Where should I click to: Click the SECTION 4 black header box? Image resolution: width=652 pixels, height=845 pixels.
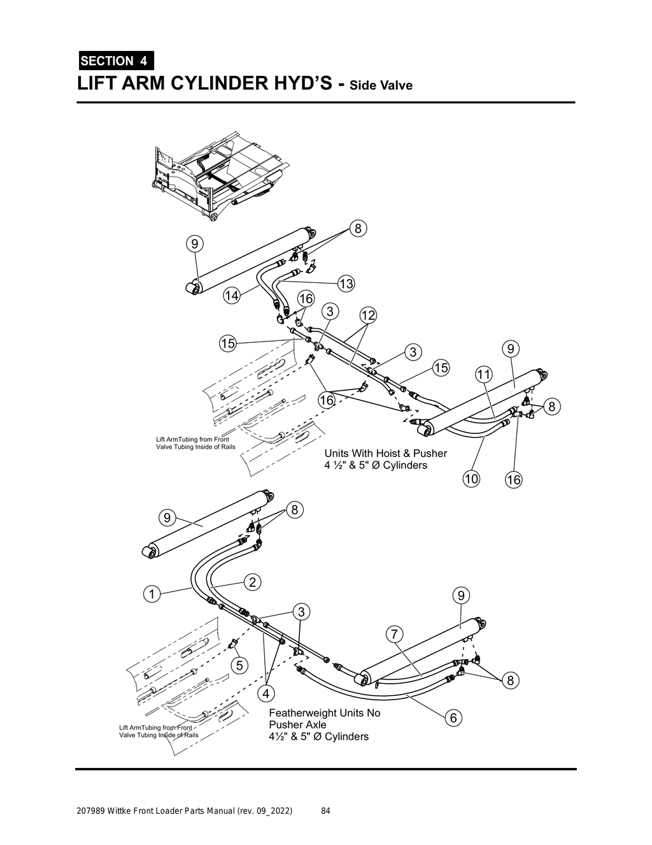pyautogui.click(x=115, y=61)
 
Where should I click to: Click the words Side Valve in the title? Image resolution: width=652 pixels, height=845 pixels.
pyautogui.click(x=381, y=85)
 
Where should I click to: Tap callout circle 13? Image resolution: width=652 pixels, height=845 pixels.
pyautogui.click(x=346, y=284)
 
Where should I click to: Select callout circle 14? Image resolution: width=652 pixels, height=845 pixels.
pyautogui.click(x=232, y=296)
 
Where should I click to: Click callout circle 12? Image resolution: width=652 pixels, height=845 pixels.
pyautogui.click(x=368, y=315)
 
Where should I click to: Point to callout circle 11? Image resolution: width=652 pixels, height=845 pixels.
pyautogui.click(x=484, y=374)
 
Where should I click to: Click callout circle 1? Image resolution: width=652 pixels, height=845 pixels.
pyautogui.click(x=151, y=594)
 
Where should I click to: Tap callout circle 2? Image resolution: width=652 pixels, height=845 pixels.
pyautogui.click(x=252, y=582)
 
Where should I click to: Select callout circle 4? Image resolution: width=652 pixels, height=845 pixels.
pyautogui.click(x=266, y=692)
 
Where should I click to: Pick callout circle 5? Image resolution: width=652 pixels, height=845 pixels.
pyautogui.click(x=239, y=665)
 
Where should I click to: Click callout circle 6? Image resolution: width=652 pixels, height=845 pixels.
pyautogui.click(x=453, y=718)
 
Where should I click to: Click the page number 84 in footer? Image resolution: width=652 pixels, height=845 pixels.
pyautogui.click(x=325, y=811)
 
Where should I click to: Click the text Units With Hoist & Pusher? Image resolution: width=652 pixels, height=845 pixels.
pyautogui.click(x=385, y=453)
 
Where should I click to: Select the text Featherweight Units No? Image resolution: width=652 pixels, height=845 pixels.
pyautogui.click(x=324, y=712)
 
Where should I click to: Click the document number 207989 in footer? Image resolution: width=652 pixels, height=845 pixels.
pyautogui.click(x=91, y=811)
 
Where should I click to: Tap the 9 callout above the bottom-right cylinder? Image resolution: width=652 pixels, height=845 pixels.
pyautogui.click(x=461, y=595)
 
